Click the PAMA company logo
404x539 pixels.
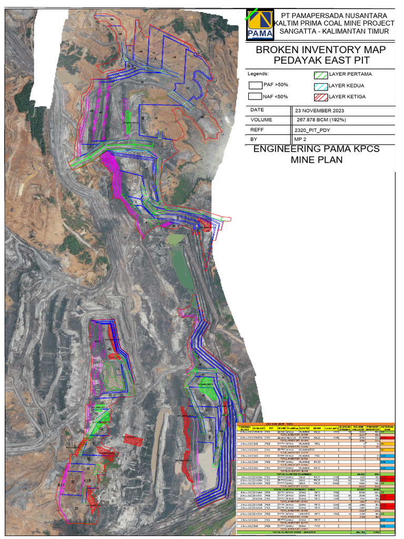[x=260, y=25]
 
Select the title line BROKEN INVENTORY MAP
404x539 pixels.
[x=320, y=50]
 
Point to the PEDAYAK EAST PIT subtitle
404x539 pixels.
[x=320, y=60]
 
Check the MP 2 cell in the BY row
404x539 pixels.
[x=300, y=139]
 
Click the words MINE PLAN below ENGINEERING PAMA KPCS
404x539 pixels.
[x=316, y=159]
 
